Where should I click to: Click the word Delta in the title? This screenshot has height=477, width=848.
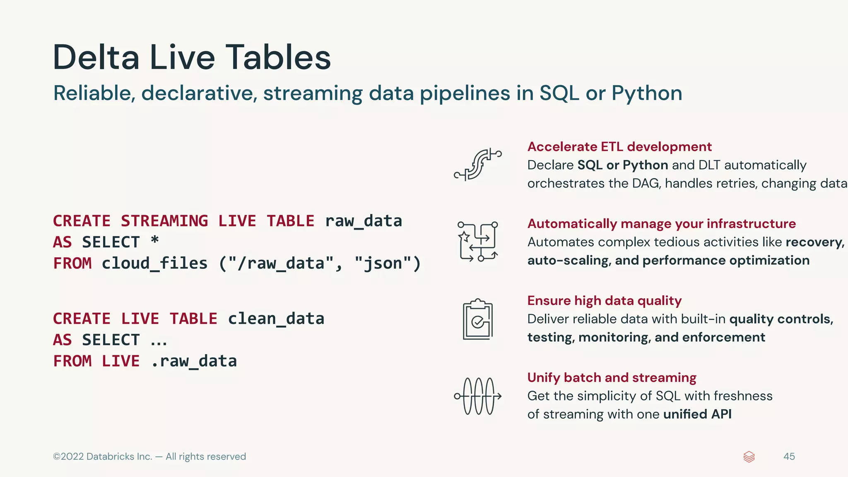(x=96, y=57)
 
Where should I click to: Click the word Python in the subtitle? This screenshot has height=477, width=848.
(x=646, y=93)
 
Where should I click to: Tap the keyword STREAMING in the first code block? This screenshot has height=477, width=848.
(x=164, y=221)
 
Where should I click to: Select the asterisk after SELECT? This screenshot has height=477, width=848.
(x=154, y=240)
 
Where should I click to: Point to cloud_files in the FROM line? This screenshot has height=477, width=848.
(x=154, y=264)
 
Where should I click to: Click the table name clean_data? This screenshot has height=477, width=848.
(x=276, y=319)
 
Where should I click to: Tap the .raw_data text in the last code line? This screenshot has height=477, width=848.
(x=194, y=361)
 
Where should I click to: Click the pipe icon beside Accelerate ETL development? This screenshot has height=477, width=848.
(x=478, y=165)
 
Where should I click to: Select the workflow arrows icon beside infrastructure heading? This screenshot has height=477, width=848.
(x=478, y=242)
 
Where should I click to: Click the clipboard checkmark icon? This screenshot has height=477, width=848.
(x=478, y=319)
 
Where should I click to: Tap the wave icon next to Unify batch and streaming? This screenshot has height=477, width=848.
(x=478, y=396)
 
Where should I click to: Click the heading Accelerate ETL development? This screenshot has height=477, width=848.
(x=619, y=147)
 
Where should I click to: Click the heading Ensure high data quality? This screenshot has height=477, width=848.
(x=604, y=301)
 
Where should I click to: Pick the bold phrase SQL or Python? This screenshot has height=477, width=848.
(x=622, y=165)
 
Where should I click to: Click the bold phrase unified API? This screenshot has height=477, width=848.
(x=697, y=414)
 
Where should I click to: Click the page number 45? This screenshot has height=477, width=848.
(x=789, y=456)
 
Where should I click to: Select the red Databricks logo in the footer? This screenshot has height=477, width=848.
(x=749, y=457)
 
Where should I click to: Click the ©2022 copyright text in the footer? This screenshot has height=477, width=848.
(x=149, y=456)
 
